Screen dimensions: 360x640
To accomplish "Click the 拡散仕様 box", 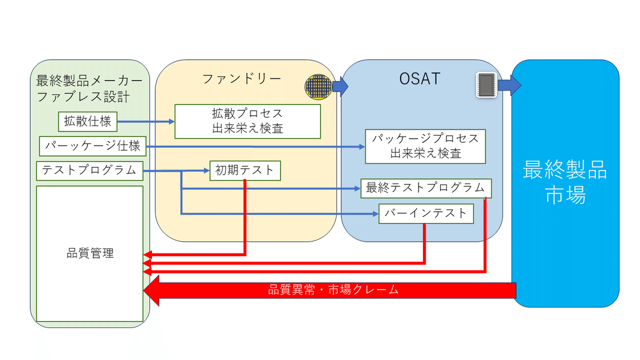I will (x=87, y=121).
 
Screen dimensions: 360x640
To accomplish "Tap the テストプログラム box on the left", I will (x=90, y=171).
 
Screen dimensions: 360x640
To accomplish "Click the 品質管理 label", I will (x=90, y=253).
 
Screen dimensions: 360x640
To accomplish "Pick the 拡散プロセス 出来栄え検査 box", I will (x=247, y=121).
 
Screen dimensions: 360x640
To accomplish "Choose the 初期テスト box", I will (x=245, y=171).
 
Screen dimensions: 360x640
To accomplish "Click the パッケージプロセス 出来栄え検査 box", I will (x=425, y=146).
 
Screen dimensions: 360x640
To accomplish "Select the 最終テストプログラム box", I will (x=426, y=188).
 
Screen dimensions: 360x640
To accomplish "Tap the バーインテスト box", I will (x=426, y=214).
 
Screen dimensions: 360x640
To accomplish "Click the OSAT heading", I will (x=419, y=79).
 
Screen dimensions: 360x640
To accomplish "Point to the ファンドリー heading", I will (x=242, y=79).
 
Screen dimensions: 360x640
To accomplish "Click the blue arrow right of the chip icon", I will (x=510, y=85).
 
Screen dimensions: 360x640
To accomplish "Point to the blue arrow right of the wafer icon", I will (x=340, y=85).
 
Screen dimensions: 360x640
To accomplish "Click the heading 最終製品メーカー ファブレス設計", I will (x=89, y=89).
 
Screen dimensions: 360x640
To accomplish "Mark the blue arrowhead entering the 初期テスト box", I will (x=206, y=171).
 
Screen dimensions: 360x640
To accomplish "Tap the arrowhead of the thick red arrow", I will (x=152, y=291).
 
